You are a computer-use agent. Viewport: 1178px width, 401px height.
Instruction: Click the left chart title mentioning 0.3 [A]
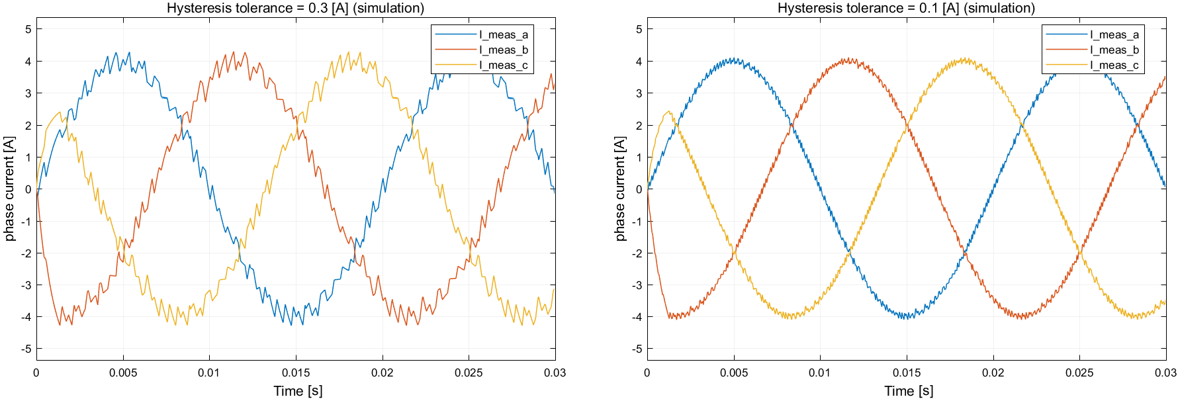click(x=295, y=8)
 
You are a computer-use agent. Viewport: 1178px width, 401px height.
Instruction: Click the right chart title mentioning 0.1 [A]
click(x=906, y=8)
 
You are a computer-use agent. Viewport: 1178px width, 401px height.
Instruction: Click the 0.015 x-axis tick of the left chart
click(x=296, y=373)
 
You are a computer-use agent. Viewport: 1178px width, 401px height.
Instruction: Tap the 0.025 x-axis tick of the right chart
click(x=1079, y=373)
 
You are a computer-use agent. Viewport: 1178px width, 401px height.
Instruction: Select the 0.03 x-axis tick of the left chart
click(x=555, y=373)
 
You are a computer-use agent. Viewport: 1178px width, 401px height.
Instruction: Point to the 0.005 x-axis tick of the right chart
click(x=734, y=373)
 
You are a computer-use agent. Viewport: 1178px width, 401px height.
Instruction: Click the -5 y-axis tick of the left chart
click(x=27, y=349)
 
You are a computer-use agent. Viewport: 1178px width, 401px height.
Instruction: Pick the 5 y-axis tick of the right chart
click(x=639, y=29)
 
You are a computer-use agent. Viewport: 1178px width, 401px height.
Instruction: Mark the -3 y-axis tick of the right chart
click(x=637, y=285)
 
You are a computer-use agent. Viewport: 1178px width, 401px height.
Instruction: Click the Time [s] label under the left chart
click(x=298, y=391)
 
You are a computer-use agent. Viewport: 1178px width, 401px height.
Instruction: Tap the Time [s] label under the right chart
click(x=909, y=391)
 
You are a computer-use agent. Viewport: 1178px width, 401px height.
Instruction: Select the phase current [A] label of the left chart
click(x=9, y=189)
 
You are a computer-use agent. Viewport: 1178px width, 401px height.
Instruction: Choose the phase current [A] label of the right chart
click(x=620, y=189)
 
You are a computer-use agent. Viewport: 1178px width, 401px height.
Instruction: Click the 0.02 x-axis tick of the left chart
click(x=382, y=373)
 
